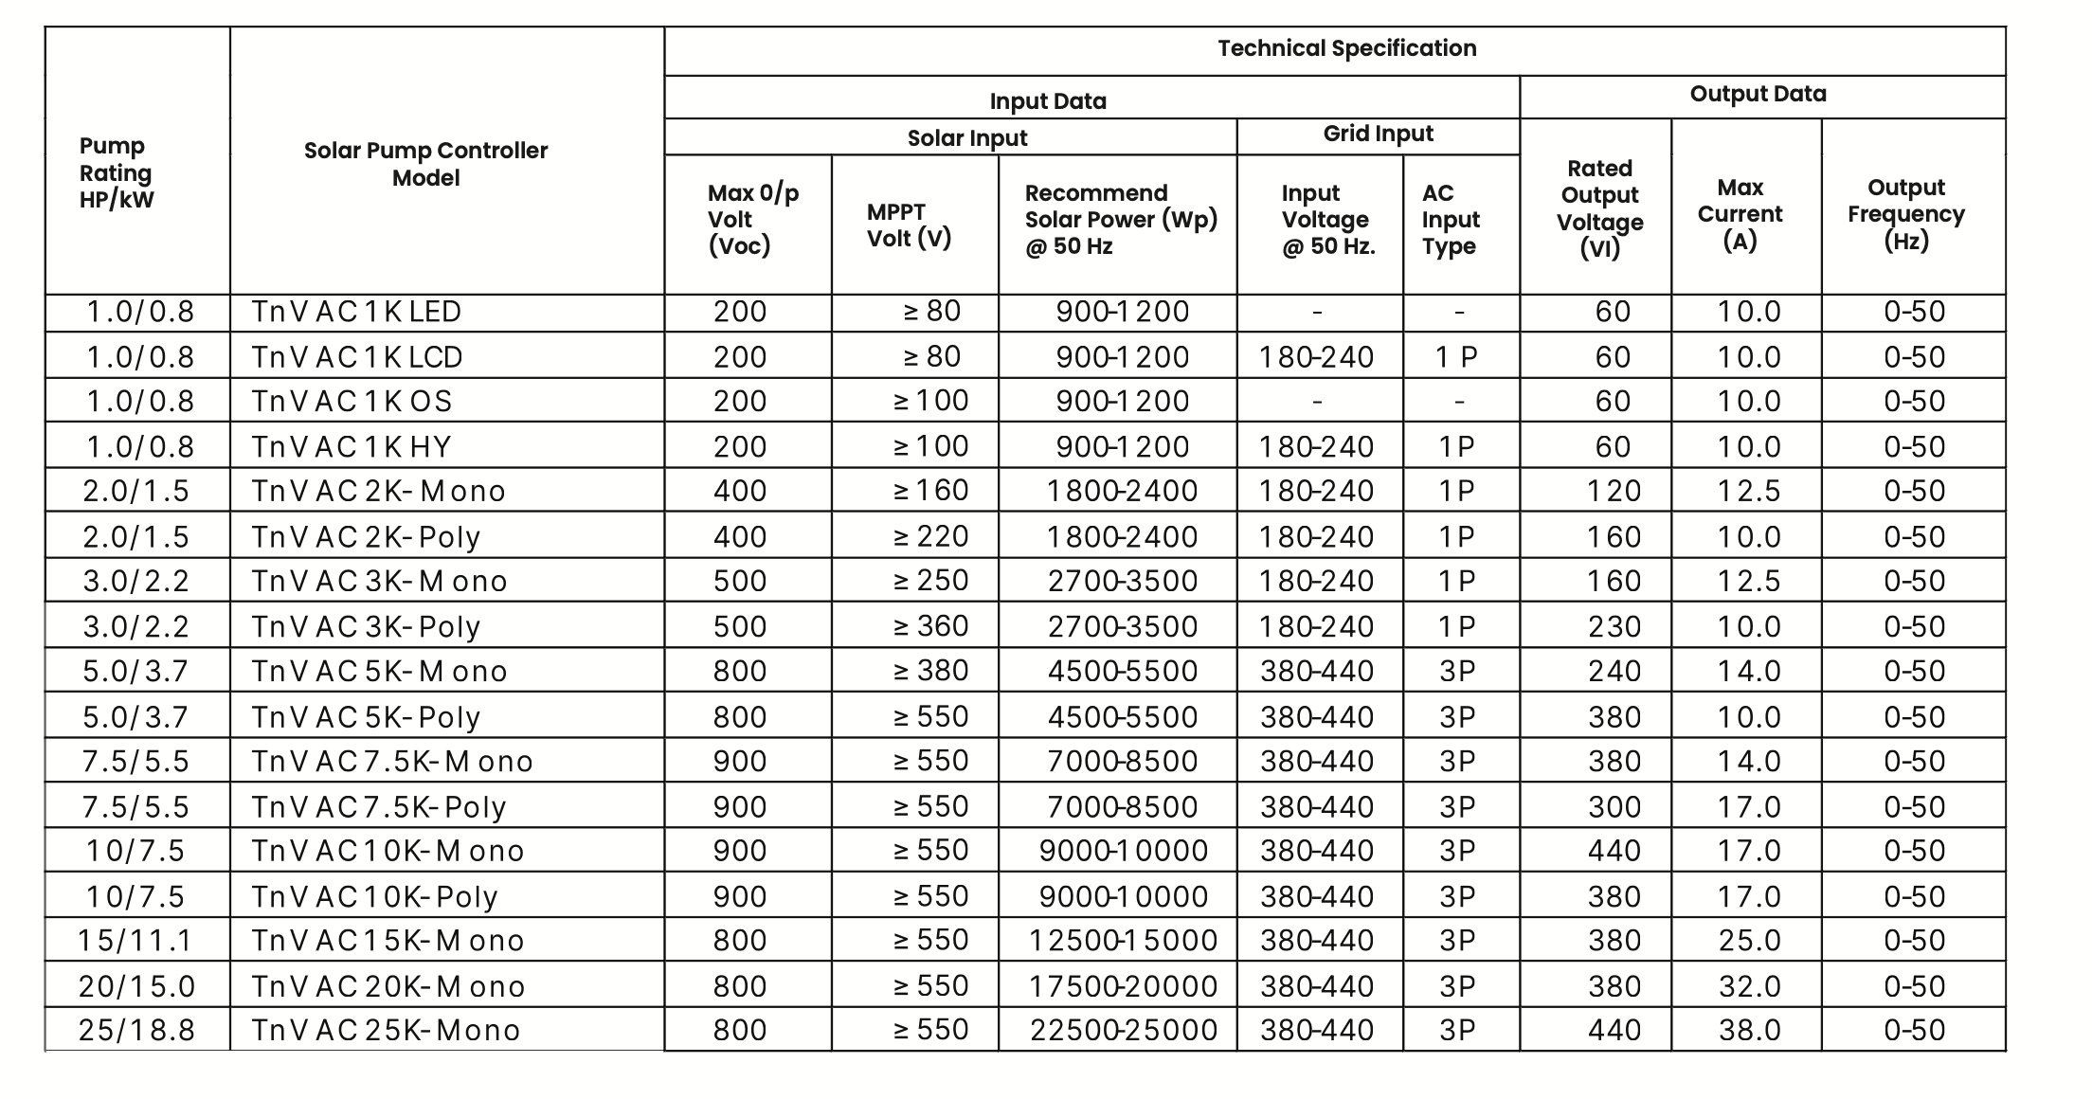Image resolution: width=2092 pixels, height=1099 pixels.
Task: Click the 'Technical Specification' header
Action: point(1346,48)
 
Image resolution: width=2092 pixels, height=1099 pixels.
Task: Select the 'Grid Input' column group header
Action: point(1378,135)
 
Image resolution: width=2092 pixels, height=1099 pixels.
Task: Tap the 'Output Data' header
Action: point(1758,94)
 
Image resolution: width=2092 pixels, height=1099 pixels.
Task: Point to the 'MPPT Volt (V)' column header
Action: point(909,225)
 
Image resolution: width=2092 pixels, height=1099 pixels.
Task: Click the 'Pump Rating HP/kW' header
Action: point(116,173)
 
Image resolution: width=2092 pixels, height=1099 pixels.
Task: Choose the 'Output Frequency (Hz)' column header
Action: point(1906,214)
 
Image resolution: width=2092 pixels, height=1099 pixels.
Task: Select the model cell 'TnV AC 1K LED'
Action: point(356,312)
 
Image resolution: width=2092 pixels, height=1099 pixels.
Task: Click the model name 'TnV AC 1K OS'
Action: point(352,402)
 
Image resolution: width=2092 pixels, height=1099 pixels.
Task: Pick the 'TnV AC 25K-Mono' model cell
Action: point(386,1031)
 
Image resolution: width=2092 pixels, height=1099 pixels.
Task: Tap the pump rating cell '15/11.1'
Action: point(135,941)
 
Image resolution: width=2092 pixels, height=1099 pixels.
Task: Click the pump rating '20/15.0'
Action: point(136,986)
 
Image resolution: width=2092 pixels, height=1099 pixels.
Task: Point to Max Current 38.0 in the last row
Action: point(1749,1031)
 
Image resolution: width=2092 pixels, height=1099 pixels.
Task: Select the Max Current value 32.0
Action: point(1749,986)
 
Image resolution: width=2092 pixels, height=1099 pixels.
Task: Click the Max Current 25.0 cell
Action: point(1749,941)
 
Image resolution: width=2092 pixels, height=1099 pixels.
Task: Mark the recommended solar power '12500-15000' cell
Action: point(1123,941)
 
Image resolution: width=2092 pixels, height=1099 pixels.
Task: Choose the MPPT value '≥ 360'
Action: point(930,626)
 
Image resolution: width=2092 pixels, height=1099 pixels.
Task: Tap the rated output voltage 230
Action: point(1614,626)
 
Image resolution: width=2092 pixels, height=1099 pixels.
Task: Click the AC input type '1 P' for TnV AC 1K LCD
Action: point(1456,357)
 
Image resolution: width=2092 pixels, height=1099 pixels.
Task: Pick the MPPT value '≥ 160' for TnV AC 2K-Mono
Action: point(930,491)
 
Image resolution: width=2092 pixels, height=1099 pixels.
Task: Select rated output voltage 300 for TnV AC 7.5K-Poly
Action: point(1614,807)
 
